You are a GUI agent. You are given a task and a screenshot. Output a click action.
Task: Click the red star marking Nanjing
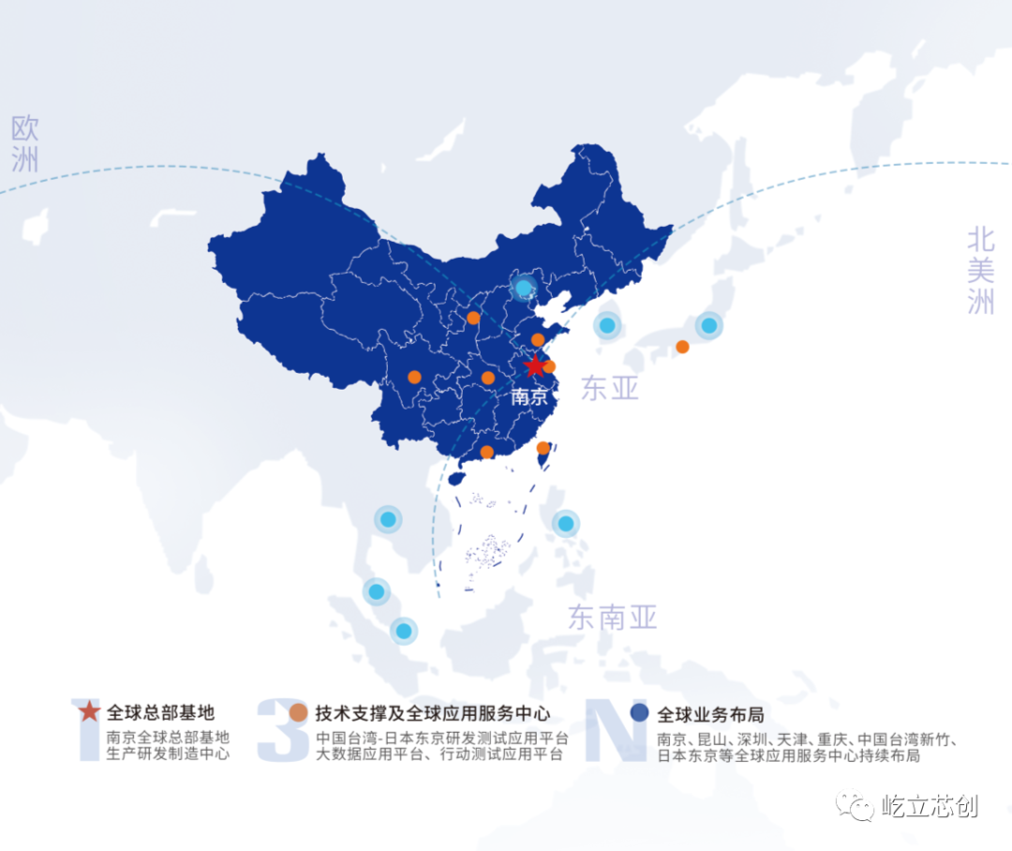point(534,366)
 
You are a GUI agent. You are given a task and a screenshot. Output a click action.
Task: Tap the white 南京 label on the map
point(529,396)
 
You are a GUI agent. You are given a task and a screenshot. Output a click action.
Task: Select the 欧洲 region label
point(25,143)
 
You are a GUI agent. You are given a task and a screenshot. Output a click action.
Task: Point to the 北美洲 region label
point(980,271)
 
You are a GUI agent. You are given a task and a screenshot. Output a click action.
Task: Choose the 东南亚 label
point(613,617)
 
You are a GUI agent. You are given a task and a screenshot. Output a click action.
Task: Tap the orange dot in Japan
point(682,347)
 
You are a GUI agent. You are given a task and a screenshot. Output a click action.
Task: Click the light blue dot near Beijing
point(524,289)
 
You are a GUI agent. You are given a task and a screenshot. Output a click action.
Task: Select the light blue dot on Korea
point(607,325)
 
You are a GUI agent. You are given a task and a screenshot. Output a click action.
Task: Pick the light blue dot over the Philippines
point(565,523)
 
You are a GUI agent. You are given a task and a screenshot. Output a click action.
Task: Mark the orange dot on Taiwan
point(543,448)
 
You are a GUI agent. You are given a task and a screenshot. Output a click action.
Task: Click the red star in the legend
point(88,711)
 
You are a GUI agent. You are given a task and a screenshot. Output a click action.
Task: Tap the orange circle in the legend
point(298,712)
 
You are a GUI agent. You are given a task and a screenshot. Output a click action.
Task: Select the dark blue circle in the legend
point(639,712)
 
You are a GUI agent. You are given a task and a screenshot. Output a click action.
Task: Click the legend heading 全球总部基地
point(161,712)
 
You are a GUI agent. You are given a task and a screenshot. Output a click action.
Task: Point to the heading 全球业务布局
point(710,713)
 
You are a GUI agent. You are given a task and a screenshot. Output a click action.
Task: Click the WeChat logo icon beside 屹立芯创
point(856,805)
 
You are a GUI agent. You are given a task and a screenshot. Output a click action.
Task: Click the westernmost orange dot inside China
point(414,378)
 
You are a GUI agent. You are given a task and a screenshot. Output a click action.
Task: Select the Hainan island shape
point(456,477)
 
